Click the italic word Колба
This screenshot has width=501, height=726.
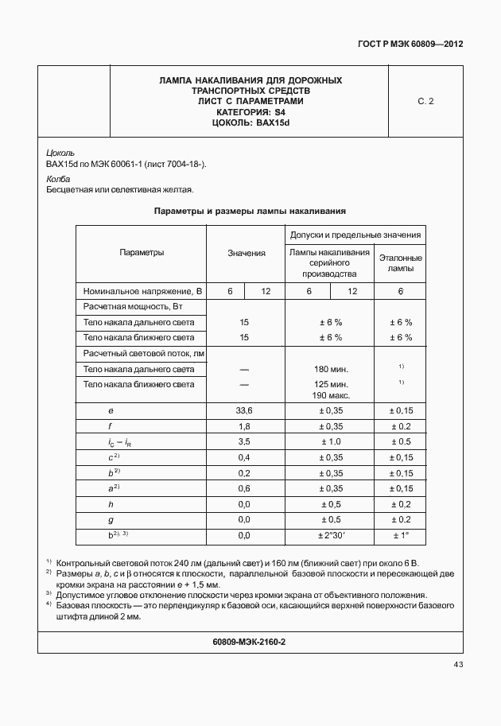click(58, 179)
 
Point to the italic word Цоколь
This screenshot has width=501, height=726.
click(60, 152)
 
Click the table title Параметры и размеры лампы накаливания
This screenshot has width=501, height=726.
click(250, 212)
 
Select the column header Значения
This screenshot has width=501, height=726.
click(246, 253)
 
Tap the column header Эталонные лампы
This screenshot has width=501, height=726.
click(400, 263)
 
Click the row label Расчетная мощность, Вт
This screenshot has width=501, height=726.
click(128, 306)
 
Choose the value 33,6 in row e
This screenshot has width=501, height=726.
click(244, 410)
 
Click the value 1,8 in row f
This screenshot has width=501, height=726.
click(244, 426)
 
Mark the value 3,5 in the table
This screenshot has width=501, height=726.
click(244, 441)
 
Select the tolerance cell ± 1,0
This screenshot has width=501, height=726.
click(331, 441)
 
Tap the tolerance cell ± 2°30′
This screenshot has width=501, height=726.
click(331, 535)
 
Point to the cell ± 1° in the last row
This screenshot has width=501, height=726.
click(400, 535)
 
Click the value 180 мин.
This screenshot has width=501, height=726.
click(331, 370)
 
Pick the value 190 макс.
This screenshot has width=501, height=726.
click(331, 395)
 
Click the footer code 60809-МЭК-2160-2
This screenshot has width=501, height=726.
click(250, 642)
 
